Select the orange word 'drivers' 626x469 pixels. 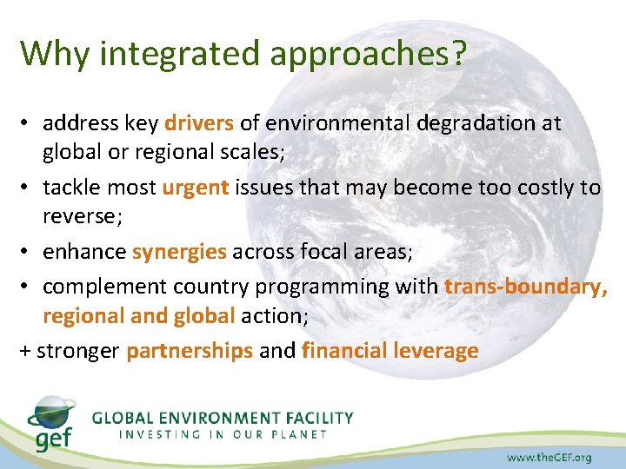pyautogui.click(x=199, y=123)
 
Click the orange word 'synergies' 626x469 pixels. pyautogui.click(x=179, y=252)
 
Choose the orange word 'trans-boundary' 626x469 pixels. pyautogui.click(x=526, y=287)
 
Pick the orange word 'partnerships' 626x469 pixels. pyautogui.click(x=190, y=351)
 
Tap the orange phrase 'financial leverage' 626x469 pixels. pyautogui.click(x=390, y=351)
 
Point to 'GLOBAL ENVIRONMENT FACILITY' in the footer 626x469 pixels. pyautogui.click(x=223, y=417)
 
